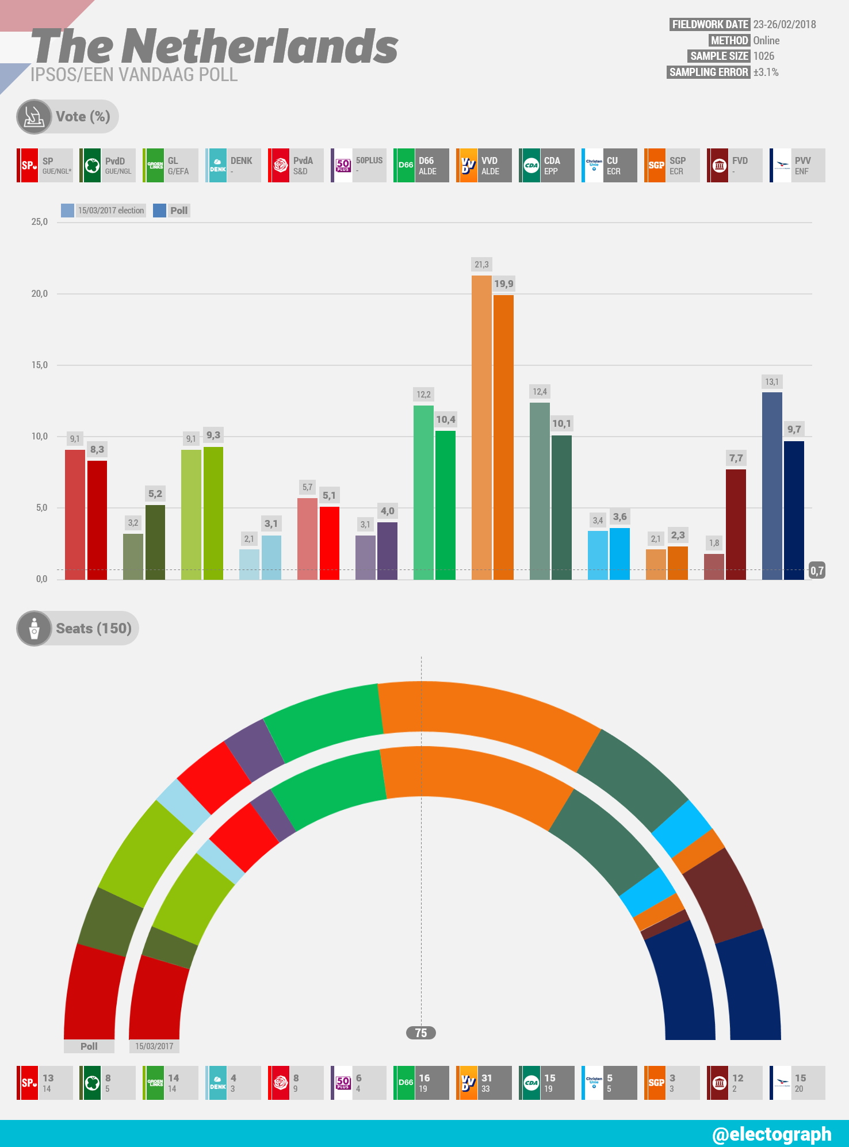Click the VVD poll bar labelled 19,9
point(503,437)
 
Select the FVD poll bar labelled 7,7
point(736,524)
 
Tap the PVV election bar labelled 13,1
point(772,485)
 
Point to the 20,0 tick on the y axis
point(40,294)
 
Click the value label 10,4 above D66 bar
point(446,420)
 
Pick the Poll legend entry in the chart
point(172,211)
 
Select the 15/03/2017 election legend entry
point(104,211)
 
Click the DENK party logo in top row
point(217,166)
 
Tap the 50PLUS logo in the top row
point(343,166)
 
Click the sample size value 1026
point(764,56)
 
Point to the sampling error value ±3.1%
point(766,72)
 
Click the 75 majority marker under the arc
point(421,1033)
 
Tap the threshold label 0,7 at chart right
point(817,571)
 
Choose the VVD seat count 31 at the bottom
point(487,1078)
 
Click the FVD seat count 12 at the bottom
point(737,1078)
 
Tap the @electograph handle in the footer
point(771,1134)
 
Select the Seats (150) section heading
point(93,628)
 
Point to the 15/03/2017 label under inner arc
point(154,1046)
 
